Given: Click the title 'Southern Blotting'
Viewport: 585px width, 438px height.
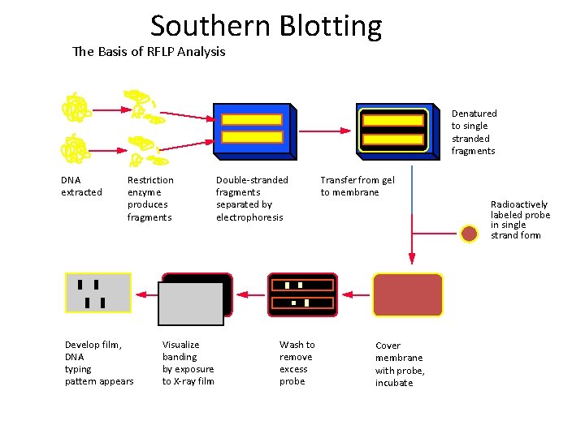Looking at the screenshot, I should (266, 26).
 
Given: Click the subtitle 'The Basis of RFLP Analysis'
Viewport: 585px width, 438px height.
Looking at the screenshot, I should (149, 52).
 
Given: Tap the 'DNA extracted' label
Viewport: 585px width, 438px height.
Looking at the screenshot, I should (81, 186).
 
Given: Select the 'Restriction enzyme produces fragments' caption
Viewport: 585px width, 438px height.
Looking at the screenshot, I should (150, 199).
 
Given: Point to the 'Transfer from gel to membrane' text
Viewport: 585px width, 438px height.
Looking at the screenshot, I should (357, 186).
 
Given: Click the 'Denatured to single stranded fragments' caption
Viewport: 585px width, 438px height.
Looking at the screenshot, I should (474, 132).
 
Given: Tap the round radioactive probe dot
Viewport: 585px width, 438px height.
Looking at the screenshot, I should (469, 234).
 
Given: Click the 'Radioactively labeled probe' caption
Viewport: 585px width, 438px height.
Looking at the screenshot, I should (520, 220).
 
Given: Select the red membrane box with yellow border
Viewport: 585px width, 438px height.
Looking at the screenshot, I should (408, 294).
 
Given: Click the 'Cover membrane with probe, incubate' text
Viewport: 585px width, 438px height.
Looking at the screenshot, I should (400, 363).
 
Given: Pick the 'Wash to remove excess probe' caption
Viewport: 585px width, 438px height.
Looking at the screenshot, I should (297, 363).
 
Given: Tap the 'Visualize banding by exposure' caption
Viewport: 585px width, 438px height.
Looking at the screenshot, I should (188, 363).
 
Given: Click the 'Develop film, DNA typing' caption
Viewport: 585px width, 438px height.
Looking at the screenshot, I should (99, 363).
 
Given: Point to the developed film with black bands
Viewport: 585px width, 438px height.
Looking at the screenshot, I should (97, 293).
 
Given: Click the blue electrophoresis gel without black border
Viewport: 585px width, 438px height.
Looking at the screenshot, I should (252, 129).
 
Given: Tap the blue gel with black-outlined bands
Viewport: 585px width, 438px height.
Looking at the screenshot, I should (393, 129).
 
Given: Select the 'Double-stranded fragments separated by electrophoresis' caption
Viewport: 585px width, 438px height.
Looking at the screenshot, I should (252, 199).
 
